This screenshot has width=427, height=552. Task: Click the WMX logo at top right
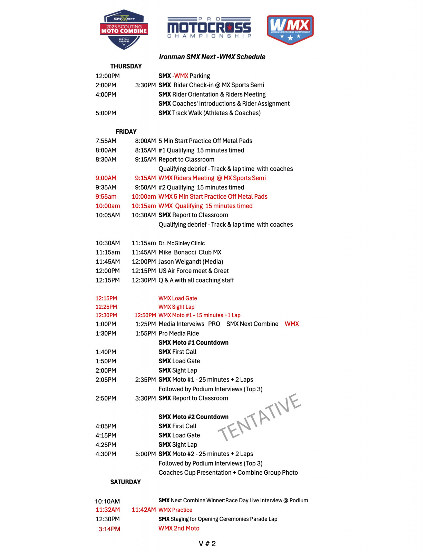tap(290, 30)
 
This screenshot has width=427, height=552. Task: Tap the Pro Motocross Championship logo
tap(209, 28)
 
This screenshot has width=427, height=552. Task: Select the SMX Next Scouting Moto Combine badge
tap(124, 30)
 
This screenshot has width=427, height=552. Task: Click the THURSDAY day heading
tap(126, 66)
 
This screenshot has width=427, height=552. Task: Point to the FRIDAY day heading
tap(126, 132)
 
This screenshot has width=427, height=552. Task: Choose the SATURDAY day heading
tap(125, 482)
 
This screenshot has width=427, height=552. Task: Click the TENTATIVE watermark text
tap(260, 417)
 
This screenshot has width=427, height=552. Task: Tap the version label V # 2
tap(207, 544)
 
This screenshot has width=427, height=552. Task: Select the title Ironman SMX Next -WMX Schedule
tap(212, 57)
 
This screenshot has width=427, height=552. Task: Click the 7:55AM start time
tap(106, 141)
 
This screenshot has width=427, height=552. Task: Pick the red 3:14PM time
tap(109, 529)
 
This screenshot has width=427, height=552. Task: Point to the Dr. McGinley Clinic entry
tap(182, 243)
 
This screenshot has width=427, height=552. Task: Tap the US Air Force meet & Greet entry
tap(193, 271)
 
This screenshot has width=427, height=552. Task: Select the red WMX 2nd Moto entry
tap(179, 528)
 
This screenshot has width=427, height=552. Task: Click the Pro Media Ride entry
tap(178, 333)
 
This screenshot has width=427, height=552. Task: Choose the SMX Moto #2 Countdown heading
tap(193, 417)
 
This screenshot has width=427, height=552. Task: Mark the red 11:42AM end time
tap(144, 510)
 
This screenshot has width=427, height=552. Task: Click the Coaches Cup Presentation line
tap(228, 473)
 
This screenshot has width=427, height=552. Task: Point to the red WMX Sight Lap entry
tap(176, 307)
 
